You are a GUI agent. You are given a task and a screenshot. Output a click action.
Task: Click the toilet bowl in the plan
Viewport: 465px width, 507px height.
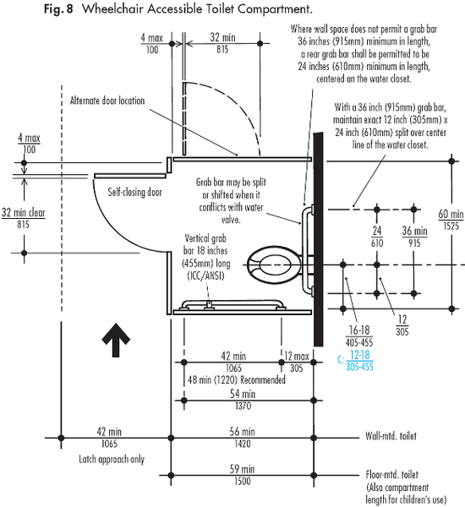pyautogui.click(x=275, y=265)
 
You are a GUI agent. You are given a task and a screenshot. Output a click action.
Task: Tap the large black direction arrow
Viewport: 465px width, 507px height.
pyautogui.click(x=116, y=340)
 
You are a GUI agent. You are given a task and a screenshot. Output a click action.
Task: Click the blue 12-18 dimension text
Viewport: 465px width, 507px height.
pyautogui.click(x=360, y=355)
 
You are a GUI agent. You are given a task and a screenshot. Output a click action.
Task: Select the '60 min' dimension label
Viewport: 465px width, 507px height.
pyautogui.click(x=451, y=214)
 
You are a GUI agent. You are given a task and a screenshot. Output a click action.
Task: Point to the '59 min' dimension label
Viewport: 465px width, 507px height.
pyautogui.click(x=242, y=469)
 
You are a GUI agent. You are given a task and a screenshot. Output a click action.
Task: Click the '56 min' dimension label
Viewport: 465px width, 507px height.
pyautogui.click(x=243, y=432)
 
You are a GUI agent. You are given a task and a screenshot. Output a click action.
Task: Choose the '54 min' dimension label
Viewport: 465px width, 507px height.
pyautogui.click(x=243, y=394)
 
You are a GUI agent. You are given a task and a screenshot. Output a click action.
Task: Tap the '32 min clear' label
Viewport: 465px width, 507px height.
pyautogui.click(x=24, y=212)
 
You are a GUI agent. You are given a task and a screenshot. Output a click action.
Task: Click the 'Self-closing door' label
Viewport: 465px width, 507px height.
pyautogui.click(x=134, y=192)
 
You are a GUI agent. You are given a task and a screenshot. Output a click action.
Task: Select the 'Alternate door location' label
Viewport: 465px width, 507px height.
pyautogui.click(x=107, y=101)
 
